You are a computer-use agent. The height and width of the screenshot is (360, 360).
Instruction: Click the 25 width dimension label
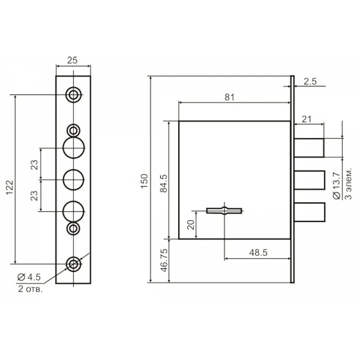pyautogui.click(x=72, y=60)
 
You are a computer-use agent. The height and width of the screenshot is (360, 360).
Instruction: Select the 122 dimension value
pyautogui.click(x=10, y=188)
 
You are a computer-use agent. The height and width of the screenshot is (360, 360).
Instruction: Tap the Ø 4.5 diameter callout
pyautogui.click(x=29, y=277)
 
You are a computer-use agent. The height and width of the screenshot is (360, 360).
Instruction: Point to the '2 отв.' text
pyautogui.click(x=31, y=289)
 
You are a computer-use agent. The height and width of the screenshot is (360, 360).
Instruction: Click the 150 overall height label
pyautogui.click(x=144, y=181)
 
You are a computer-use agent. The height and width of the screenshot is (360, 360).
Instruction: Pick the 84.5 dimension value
pyautogui.click(x=164, y=183)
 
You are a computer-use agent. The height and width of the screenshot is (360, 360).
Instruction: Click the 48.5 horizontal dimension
pyautogui.click(x=258, y=253)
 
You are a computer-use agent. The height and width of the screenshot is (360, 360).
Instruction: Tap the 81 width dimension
pyautogui.click(x=230, y=97)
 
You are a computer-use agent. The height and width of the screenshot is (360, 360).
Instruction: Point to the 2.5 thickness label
pyautogui.click(x=310, y=81)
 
